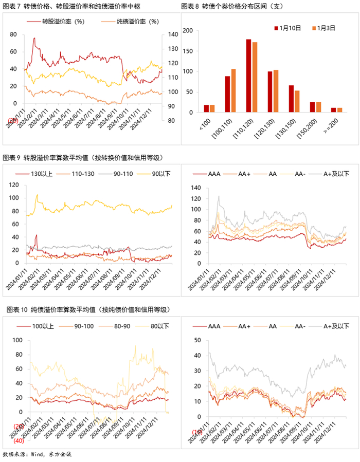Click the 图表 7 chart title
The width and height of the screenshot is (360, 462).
(x=71, y=6)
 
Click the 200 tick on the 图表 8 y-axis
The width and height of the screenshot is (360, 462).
(x=188, y=31)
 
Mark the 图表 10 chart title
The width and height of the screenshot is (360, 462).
(x=85, y=309)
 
